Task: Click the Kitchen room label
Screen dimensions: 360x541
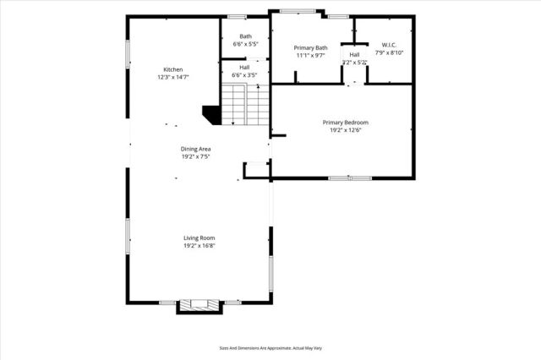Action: (173, 69)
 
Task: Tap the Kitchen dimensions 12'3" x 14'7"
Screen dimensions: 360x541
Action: (173, 77)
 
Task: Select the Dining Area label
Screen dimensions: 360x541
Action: (195, 149)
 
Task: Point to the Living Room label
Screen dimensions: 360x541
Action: (199, 238)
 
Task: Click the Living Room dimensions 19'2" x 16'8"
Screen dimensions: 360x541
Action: (199, 246)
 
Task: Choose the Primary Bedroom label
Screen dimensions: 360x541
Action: (345, 123)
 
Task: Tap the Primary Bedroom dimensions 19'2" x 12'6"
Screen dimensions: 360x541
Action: (345, 130)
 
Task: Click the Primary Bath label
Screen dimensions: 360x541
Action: (310, 48)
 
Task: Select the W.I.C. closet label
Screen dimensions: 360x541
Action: (388, 45)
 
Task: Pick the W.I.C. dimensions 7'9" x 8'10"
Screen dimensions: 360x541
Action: (388, 52)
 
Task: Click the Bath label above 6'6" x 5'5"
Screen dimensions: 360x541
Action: (245, 36)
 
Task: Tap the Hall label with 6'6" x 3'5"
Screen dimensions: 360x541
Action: (244, 68)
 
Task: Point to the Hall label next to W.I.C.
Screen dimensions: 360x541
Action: (354, 54)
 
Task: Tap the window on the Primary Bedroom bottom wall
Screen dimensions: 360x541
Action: (349, 177)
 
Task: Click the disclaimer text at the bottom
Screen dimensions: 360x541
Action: (270, 347)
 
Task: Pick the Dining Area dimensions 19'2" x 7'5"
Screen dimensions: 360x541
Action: (195, 156)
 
